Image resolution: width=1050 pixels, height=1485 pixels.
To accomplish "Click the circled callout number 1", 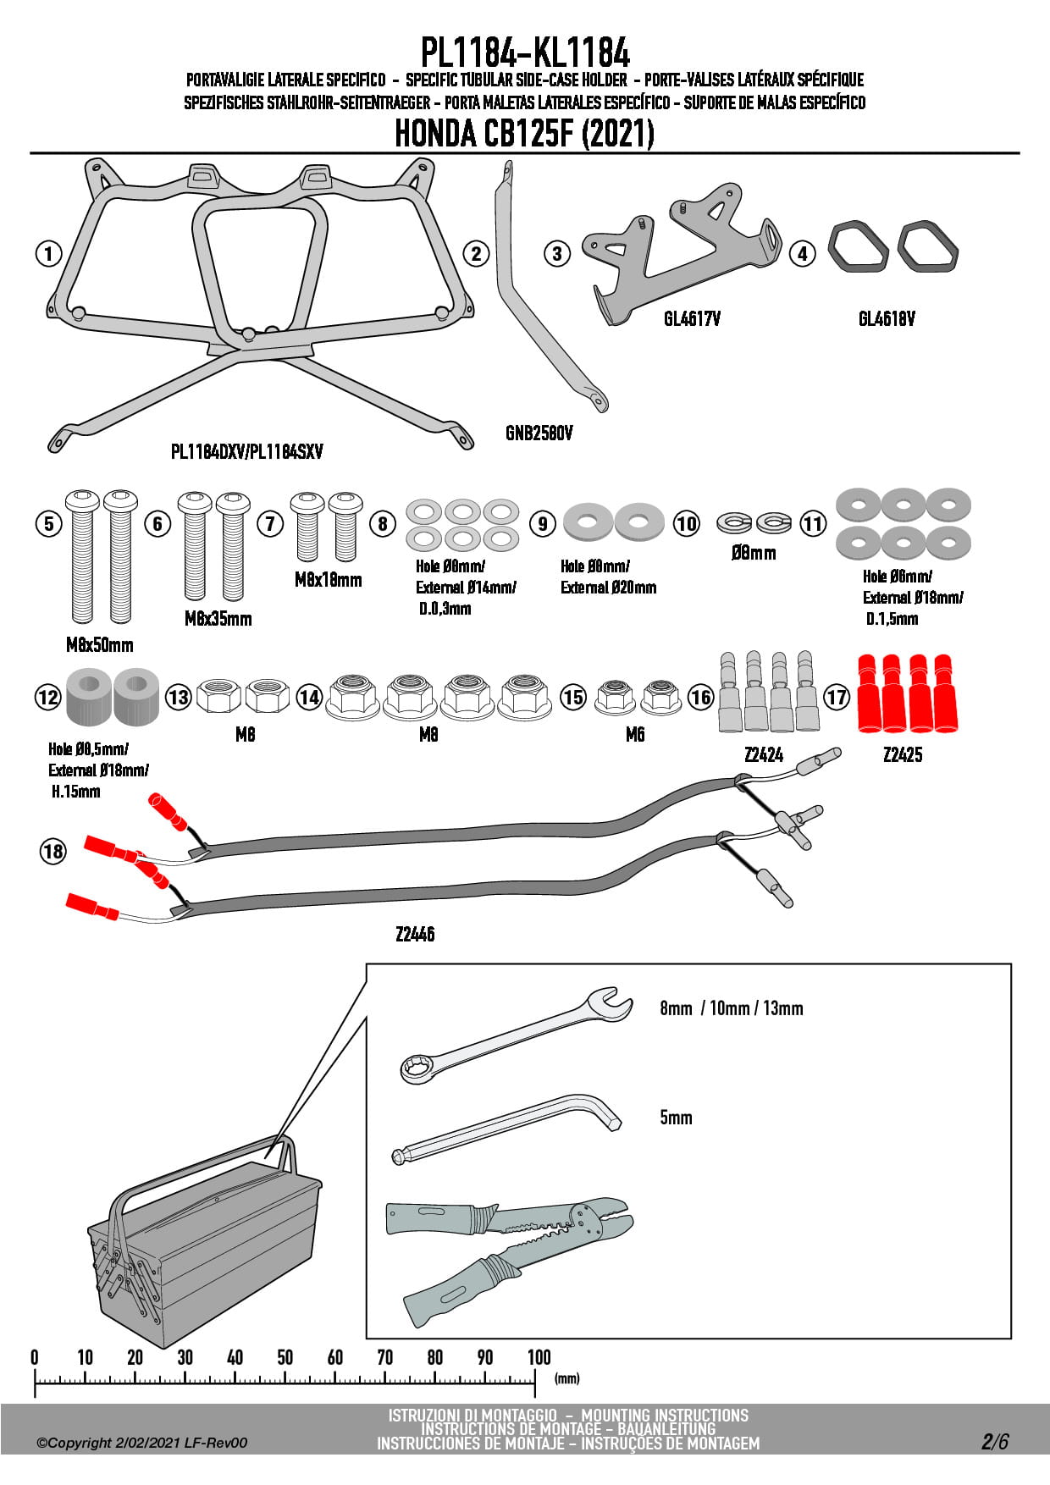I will pos(49,253).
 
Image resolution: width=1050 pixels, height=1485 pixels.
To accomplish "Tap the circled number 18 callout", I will pos(53,851).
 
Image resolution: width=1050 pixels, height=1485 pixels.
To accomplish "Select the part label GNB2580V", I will pos(539,433).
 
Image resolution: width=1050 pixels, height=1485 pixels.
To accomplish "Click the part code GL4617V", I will pos(692,319).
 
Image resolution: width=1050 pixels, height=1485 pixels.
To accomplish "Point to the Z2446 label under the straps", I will pos(415,935).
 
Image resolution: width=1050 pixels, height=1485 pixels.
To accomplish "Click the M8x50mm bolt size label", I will pos(100,645).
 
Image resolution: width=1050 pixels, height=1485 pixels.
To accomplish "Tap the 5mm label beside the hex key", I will pos(676,1118).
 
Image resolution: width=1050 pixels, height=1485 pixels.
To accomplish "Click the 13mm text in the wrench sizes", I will pos(783,1008).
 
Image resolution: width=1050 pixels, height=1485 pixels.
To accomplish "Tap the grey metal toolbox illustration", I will pos(203,1245).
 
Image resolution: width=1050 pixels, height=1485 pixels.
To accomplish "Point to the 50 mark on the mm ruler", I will pos(285,1358).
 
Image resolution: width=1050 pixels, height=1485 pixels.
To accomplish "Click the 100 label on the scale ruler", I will pos(539,1358).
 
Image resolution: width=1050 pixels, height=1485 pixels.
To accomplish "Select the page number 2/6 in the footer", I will pos(995,1442).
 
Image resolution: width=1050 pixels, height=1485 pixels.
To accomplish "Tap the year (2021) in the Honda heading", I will pos(618,134).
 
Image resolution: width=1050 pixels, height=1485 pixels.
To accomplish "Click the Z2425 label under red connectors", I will pos(902,755).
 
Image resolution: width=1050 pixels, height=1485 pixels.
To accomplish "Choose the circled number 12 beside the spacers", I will pos(48,698).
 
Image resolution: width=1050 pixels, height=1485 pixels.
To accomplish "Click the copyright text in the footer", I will pos(142,1443).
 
